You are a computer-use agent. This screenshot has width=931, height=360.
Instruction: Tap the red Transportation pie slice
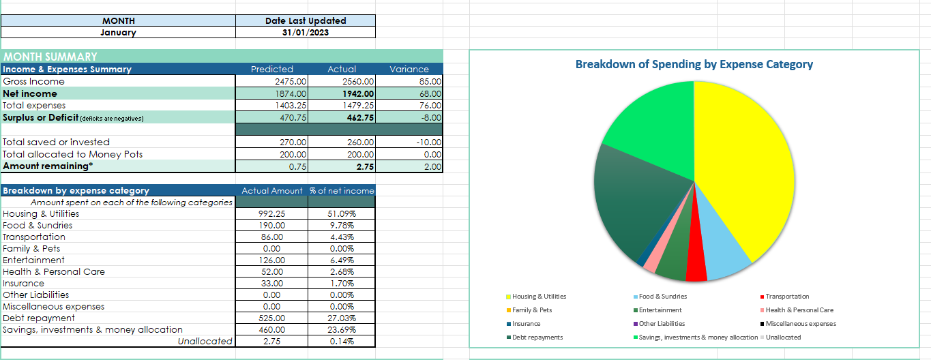click(695, 266)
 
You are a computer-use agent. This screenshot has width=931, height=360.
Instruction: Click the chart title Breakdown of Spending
click(694, 64)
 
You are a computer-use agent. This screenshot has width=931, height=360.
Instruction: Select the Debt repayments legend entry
click(537, 337)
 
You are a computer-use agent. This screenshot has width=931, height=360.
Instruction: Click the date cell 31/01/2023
click(305, 32)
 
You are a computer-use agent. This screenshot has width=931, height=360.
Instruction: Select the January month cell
click(118, 32)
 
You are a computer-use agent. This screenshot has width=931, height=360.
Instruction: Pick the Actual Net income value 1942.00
click(357, 93)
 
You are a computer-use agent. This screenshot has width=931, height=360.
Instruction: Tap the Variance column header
click(409, 69)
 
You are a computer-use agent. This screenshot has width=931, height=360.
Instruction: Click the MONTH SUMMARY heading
click(50, 57)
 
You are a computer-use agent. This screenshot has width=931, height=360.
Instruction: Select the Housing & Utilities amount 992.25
click(271, 213)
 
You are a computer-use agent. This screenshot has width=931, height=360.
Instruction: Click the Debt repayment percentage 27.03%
click(341, 318)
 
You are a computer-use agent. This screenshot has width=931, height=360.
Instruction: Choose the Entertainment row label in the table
click(34, 260)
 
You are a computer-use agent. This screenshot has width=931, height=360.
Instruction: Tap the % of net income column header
click(341, 191)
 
